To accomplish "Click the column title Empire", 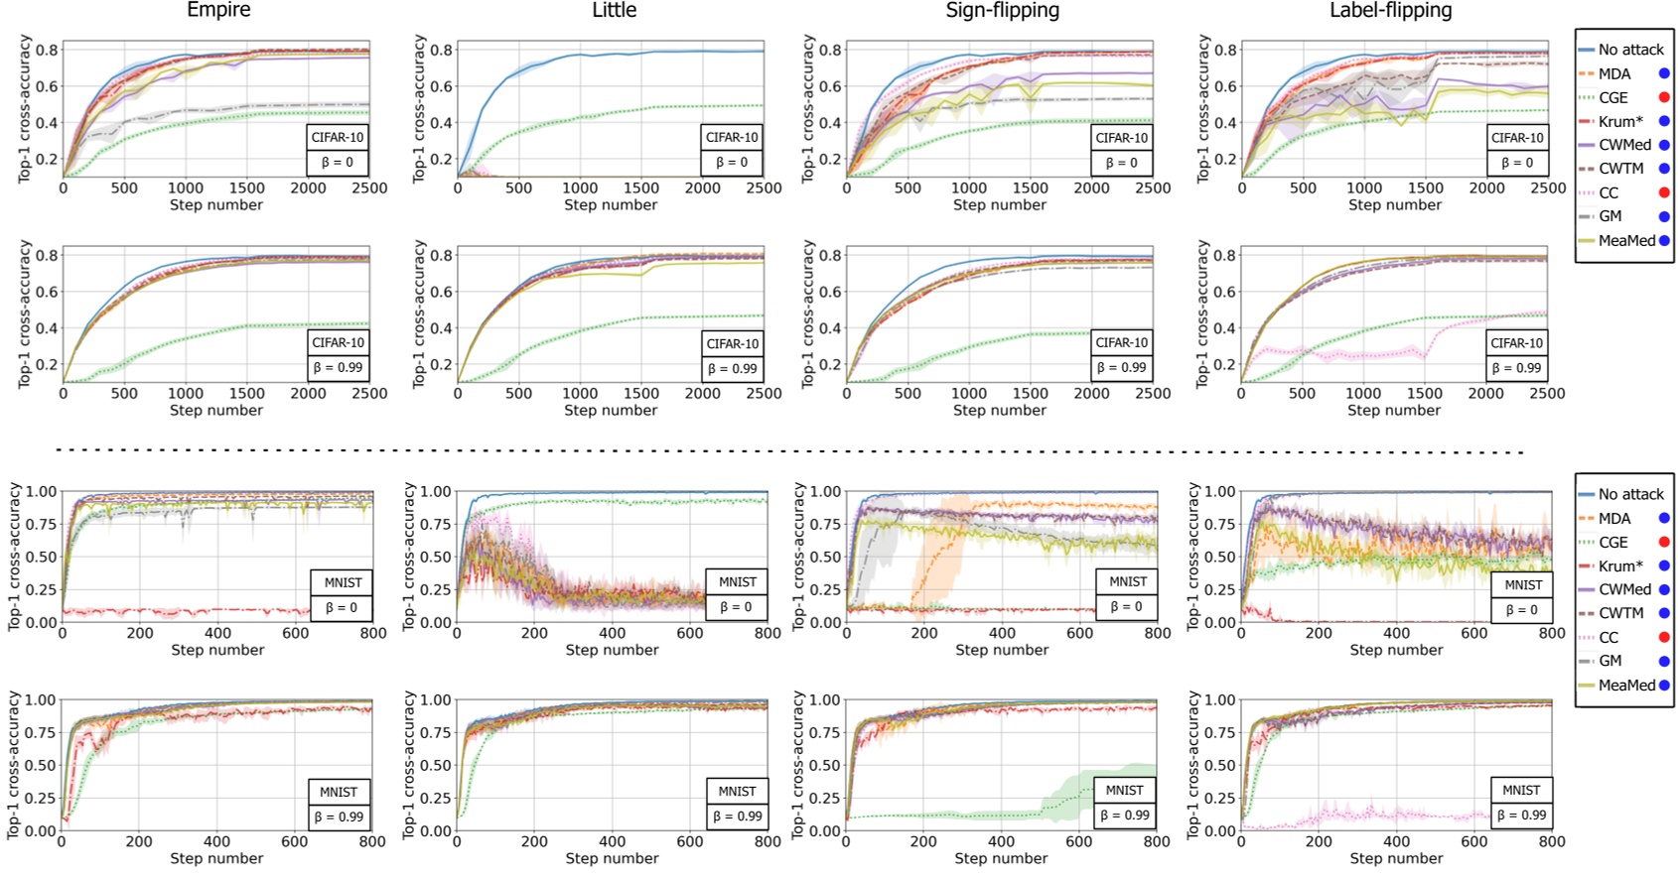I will click(218, 10).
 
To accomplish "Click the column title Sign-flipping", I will click(1002, 10).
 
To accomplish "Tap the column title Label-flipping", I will click(1390, 10).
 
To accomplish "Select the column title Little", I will click(614, 10).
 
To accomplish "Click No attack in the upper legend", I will click(1630, 50).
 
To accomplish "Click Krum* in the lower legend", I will click(1620, 566).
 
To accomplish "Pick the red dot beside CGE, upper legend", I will click(1664, 97).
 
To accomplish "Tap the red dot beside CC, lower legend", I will click(1664, 637).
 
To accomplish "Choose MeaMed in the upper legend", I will click(1626, 240).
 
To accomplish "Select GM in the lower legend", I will click(1609, 661).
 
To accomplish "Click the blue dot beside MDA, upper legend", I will click(1664, 73).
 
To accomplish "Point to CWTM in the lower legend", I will click(1620, 613).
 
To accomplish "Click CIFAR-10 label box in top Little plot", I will click(732, 137).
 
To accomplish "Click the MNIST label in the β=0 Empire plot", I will click(343, 582).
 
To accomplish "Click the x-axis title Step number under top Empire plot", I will click(216, 205).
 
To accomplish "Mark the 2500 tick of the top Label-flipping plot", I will click(1547, 188).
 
